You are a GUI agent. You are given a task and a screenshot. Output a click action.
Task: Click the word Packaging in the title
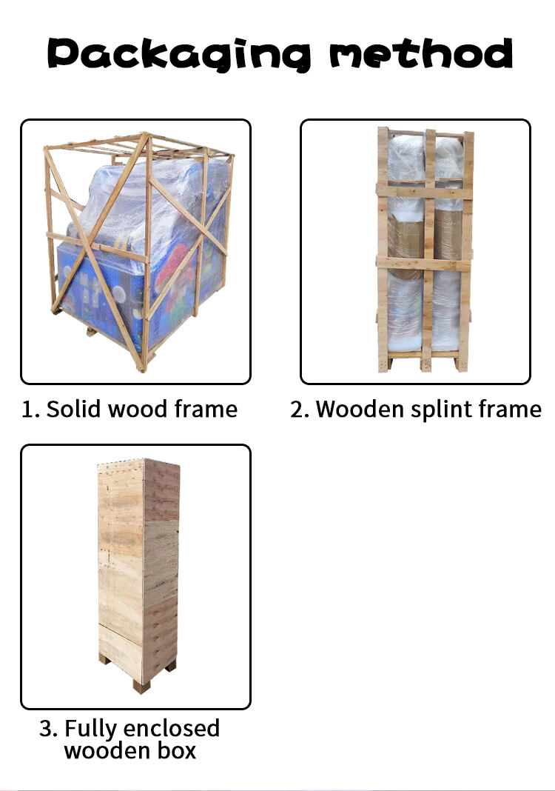click(x=179, y=54)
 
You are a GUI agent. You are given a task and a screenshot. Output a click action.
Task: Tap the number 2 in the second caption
click(x=298, y=409)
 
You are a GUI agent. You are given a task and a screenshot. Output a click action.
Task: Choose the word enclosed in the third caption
click(x=172, y=729)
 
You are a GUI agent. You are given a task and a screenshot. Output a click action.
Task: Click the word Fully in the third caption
click(x=91, y=730)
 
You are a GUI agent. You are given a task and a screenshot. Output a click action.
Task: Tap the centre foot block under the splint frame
click(x=426, y=364)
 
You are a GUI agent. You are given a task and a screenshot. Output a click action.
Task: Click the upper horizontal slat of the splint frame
click(x=424, y=191)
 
